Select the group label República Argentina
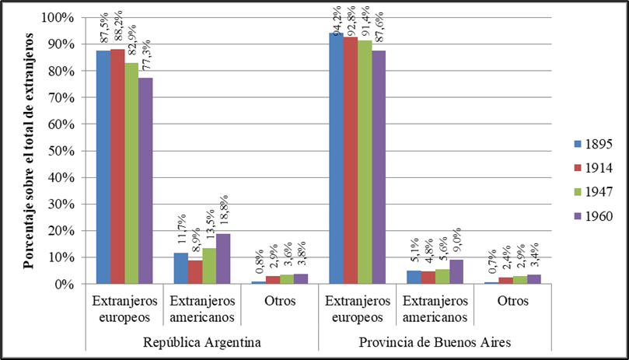[201, 342]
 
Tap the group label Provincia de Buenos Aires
[435, 342]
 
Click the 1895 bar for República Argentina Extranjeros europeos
[103, 167]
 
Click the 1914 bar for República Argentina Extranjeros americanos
[194, 272]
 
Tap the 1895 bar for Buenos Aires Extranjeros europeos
[337, 159]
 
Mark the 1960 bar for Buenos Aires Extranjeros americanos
[456, 271]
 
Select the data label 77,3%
[146, 56]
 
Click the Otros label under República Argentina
[279, 301]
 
